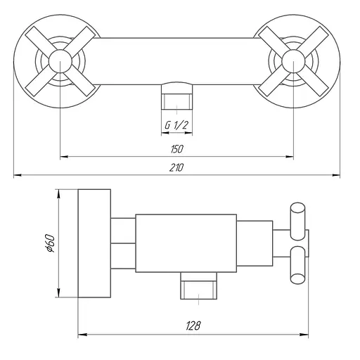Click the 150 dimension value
click(176, 148)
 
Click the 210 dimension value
click(176, 167)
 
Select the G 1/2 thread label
click(176, 125)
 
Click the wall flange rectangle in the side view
click(94, 243)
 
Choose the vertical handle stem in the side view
click(289, 243)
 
